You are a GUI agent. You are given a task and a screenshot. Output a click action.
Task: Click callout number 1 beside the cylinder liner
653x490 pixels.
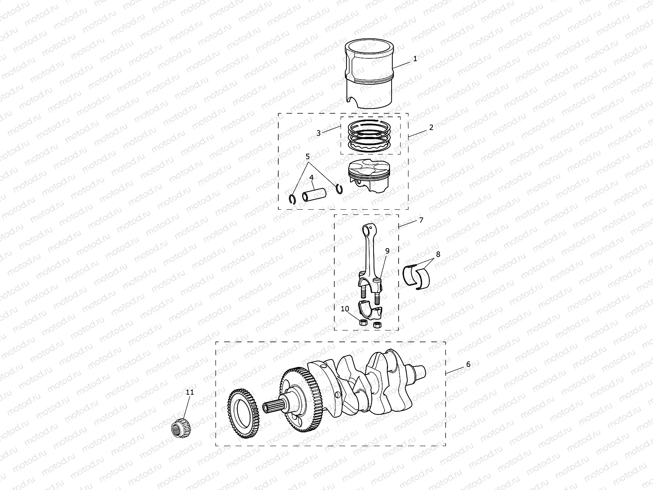[415, 59]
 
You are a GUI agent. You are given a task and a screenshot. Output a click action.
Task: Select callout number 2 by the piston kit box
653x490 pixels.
[431, 127]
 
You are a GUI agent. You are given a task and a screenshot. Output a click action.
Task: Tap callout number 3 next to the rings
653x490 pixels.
[319, 133]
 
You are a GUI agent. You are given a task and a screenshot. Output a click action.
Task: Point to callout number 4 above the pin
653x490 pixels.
[311, 178]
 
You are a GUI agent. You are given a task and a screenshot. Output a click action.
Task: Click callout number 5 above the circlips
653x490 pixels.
[308, 156]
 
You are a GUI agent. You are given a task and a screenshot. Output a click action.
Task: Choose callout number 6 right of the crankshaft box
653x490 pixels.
[468, 364]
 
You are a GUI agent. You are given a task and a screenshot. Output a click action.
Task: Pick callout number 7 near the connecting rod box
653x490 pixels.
[421, 220]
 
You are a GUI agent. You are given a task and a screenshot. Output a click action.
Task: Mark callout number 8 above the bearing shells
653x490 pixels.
[438, 254]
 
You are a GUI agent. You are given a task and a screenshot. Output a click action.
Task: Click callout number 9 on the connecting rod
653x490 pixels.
[387, 251]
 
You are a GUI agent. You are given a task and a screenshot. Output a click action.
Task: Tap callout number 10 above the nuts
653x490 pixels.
[345, 309]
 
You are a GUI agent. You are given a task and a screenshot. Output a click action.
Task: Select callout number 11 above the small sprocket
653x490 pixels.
[190, 392]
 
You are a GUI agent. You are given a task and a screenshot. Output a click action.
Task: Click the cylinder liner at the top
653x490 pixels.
[368, 78]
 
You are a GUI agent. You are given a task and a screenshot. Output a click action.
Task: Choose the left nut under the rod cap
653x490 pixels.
[363, 323]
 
